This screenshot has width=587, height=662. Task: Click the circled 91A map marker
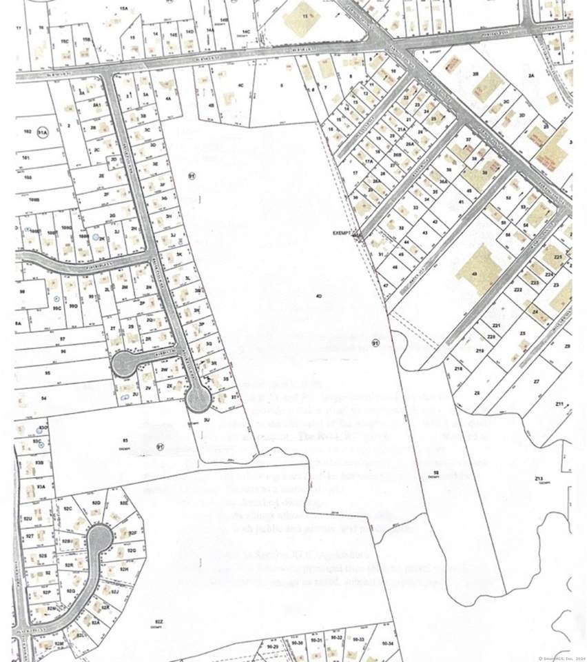point(43,132)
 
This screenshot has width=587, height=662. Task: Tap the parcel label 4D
point(319,296)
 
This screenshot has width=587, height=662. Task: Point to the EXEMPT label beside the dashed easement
point(342,233)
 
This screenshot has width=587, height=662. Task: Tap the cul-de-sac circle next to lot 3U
point(198,398)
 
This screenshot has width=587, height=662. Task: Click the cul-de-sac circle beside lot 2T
point(125,364)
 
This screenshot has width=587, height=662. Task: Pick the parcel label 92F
point(133,533)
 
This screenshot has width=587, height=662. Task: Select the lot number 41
point(460,203)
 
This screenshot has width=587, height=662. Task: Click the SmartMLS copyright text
point(559,657)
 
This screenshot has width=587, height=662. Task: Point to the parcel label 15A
point(124,8)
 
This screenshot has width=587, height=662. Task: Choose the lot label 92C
point(68,508)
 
